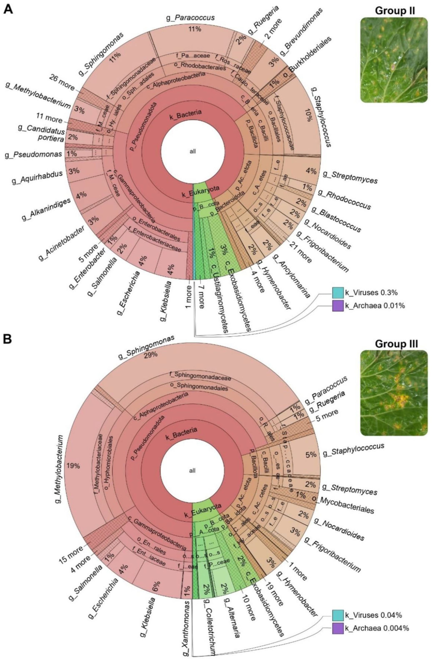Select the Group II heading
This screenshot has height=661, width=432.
pyautogui.click(x=395, y=11)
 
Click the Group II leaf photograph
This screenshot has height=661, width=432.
pyautogui.click(x=394, y=60)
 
